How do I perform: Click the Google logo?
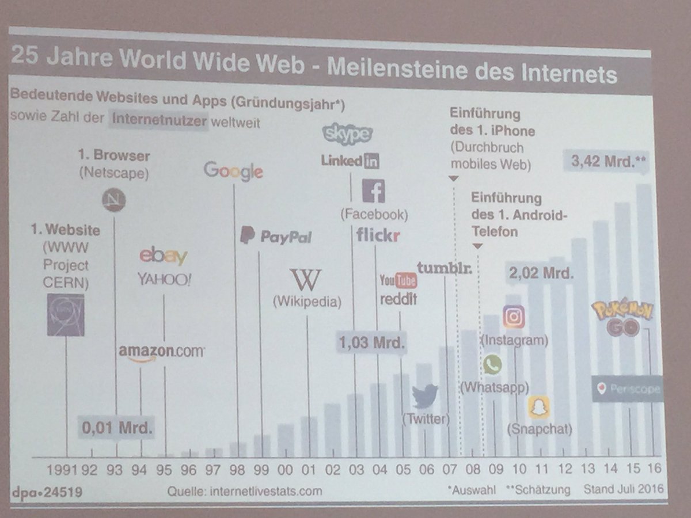(x=233, y=170)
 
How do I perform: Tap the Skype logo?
(x=348, y=134)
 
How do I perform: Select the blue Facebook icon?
(x=373, y=191)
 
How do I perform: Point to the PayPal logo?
(x=276, y=236)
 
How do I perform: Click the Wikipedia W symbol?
(x=305, y=280)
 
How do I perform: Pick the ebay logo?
(x=164, y=256)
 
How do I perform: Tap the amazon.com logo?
(x=161, y=352)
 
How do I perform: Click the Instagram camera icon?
(x=514, y=317)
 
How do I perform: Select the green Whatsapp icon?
(x=492, y=364)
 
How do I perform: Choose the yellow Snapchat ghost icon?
(x=538, y=407)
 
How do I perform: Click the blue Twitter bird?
(x=425, y=396)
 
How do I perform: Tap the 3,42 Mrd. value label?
(x=606, y=162)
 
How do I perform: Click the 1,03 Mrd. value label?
(x=372, y=343)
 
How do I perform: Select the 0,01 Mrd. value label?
(x=117, y=428)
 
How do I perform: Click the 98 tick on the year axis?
(x=237, y=469)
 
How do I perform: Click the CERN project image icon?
(x=66, y=315)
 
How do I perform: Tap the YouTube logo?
(x=398, y=280)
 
